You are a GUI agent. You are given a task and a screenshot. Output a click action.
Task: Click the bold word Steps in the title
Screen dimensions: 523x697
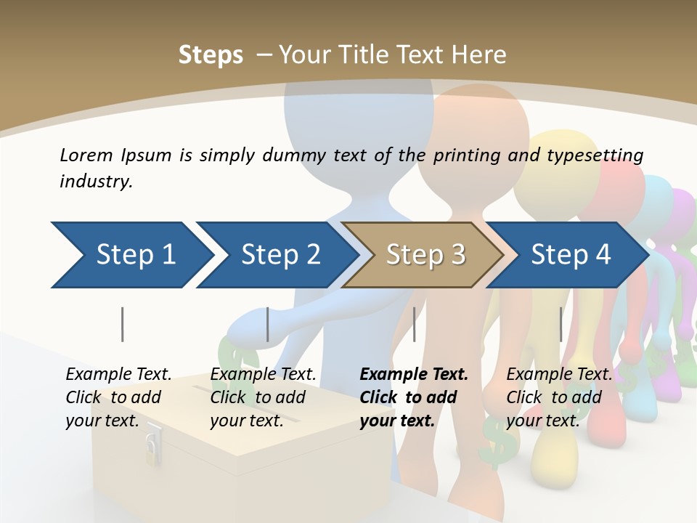click(211, 55)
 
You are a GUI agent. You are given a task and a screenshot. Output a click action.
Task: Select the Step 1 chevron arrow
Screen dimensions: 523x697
click(131, 255)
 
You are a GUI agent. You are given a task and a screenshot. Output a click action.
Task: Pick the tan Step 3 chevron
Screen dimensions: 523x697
click(425, 255)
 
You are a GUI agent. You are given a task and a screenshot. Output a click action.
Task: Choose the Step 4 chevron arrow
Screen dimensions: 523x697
click(570, 255)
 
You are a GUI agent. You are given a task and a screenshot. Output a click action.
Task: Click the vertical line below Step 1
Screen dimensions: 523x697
click(122, 324)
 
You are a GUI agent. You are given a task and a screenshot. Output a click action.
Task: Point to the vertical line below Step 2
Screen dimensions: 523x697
click(268, 324)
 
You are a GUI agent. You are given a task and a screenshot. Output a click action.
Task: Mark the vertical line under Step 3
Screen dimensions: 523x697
click(414, 324)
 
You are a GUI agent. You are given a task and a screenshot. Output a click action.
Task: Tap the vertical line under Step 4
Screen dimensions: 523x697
click(561, 324)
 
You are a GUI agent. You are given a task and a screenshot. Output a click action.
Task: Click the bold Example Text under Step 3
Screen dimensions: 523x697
click(414, 374)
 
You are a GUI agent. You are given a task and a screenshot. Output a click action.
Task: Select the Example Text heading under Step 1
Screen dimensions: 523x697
click(118, 374)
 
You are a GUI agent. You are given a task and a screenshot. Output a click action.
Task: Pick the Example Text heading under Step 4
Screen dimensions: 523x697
click(559, 374)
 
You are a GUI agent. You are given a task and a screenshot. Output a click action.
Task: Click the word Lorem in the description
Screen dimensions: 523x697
click(86, 155)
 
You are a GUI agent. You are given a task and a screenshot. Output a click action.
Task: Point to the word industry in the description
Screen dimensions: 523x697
click(95, 181)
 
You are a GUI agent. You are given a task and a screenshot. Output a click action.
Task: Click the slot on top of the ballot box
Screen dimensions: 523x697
click(218, 393)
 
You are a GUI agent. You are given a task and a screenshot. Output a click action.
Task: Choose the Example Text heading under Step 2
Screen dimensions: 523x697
click(263, 374)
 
